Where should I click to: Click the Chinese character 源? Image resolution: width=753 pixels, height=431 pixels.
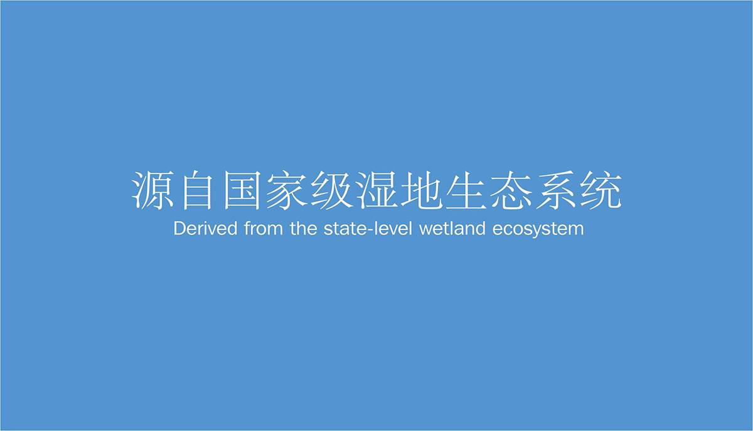pos(152,191)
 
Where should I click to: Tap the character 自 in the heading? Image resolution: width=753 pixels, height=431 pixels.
pos(197,191)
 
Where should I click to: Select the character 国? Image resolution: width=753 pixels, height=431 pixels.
pos(242,191)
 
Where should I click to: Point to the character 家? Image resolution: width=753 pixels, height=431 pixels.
pos(286,191)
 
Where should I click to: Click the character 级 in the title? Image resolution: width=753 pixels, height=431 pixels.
pos(331,191)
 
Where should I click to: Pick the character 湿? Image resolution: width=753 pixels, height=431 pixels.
pos(376,191)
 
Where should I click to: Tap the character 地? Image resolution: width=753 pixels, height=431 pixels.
pos(421,191)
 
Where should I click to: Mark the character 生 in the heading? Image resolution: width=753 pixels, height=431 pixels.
pos(466,191)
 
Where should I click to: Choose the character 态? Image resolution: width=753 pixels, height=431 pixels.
pos(511,191)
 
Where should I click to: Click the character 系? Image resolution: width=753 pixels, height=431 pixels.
pos(556,191)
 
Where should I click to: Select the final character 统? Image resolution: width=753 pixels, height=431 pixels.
pos(601,191)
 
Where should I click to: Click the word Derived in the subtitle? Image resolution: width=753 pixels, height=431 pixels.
pos(205,228)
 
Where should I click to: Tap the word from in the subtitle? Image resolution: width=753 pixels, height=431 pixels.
pos(264,228)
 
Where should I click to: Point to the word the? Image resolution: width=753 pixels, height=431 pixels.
pos(304,228)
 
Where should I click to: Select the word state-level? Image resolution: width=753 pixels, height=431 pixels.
pos(368,228)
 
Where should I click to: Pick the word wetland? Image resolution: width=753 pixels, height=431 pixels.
pos(452,228)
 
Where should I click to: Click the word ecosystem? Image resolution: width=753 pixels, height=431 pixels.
pos(538,229)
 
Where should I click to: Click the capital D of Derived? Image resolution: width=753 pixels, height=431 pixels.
pos(180,229)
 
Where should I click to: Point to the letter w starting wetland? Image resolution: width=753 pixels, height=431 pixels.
pos(426,231)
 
